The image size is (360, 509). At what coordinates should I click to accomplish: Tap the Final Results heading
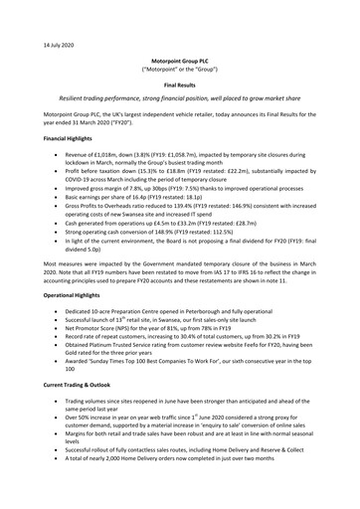point(180,86)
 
